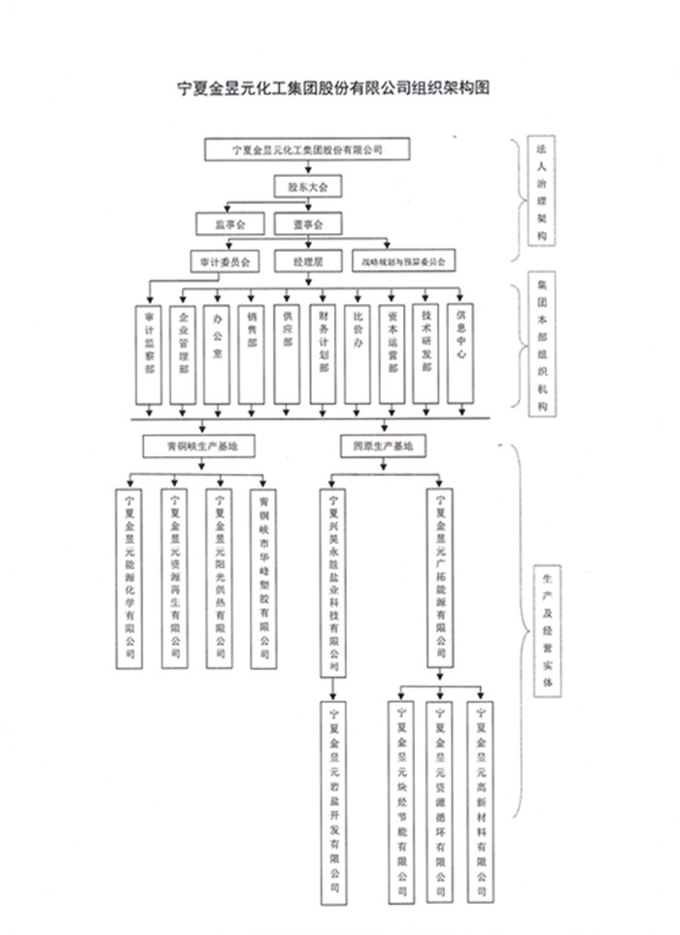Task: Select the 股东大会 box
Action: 308,183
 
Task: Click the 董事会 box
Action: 308,224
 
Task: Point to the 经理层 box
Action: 308,261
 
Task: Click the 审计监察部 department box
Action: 149,353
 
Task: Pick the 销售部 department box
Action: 253,353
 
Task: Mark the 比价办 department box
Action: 358,353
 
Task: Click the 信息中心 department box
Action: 462,353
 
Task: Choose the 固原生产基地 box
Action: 383,446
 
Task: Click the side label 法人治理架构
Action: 541,195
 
